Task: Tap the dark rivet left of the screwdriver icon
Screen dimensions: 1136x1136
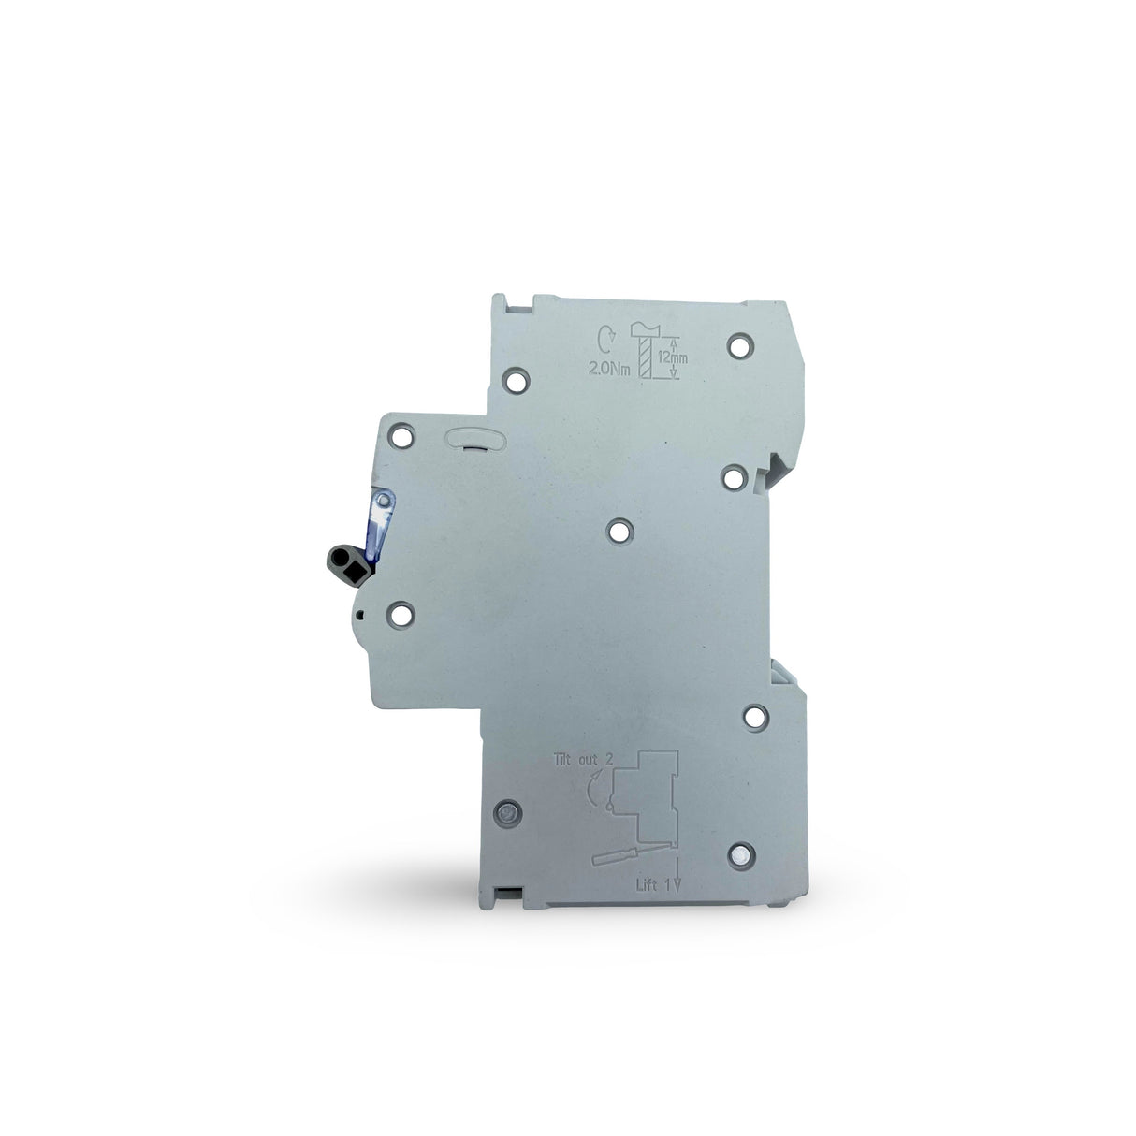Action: pyautogui.click(x=509, y=813)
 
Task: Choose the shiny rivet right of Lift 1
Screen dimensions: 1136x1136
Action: pyautogui.click(x=741, y=854)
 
